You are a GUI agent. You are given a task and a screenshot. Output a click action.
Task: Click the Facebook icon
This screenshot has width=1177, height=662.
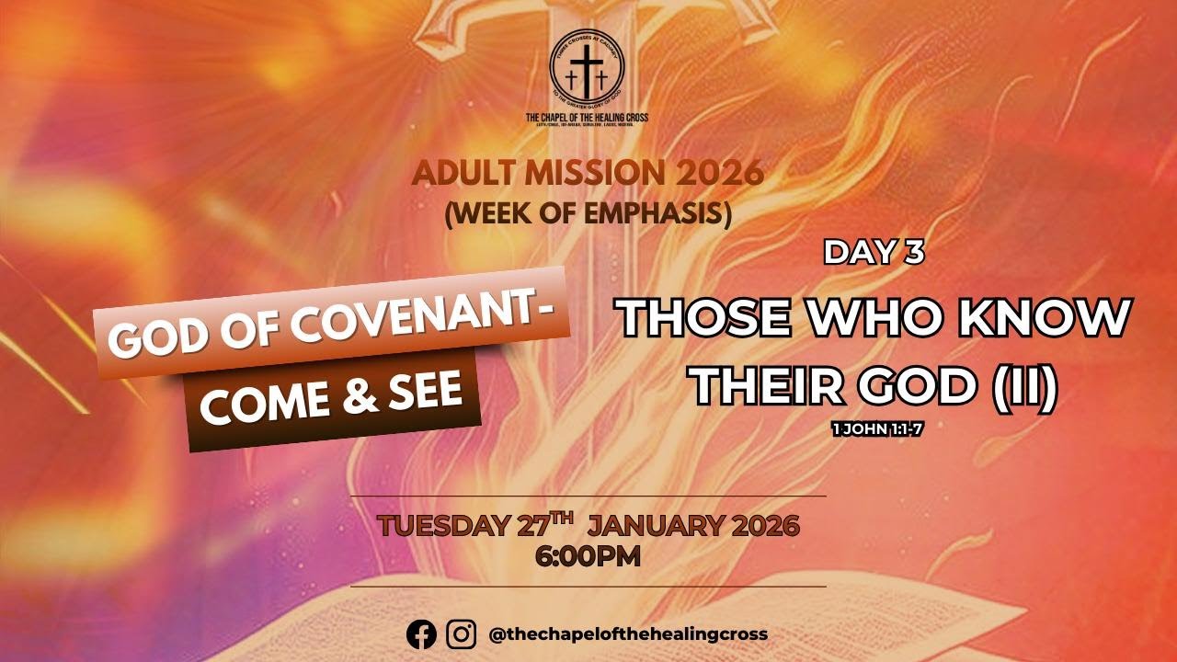[422, 634]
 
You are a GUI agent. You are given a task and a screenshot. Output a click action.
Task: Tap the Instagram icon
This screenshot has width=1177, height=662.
[462, 634]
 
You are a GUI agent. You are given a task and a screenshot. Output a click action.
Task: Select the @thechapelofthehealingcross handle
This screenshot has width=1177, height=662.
[628, 634]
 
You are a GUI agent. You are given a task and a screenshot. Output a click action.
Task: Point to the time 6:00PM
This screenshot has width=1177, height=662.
[588, 555]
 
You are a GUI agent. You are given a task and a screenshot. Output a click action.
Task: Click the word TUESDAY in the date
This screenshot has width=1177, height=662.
[442, 527]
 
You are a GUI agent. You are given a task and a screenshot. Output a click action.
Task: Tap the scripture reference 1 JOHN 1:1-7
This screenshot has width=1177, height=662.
[876, 428]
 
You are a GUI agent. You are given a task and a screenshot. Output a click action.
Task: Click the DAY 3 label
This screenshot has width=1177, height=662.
[874, 253]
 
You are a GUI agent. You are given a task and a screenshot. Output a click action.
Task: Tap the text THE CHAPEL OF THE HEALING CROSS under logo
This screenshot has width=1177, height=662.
[587, 118]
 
